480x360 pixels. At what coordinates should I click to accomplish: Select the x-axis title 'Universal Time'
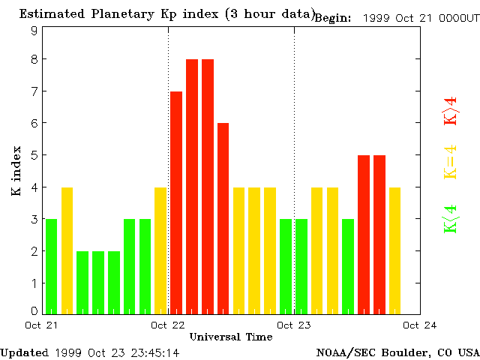[x=230, y=337]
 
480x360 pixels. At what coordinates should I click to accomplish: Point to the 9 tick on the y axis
[x=34, y=31]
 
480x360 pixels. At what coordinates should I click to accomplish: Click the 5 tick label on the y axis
[x=34, y=155]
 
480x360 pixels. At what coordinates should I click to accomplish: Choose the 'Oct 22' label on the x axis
[x=168, y=325]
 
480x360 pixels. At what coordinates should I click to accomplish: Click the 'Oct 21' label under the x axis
[x=41, y=325]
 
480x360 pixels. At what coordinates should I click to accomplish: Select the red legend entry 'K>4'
[x=450, y=111]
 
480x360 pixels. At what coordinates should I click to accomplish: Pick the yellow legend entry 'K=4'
[x=450, y=162]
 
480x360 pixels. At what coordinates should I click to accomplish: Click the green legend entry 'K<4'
[x=450, y=219]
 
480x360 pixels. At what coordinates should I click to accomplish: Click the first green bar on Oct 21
[x=51, y=266]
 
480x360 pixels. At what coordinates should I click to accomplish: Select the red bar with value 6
[x=223, y=218]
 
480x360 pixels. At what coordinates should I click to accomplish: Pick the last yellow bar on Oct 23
[x=394, y=250]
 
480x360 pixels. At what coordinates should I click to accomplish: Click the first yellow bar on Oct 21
[x=67, y=250]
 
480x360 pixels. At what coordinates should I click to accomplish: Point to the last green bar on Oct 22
[x=285, y=266]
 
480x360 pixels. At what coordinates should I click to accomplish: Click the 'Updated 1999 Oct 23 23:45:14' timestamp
[x=90, y=352]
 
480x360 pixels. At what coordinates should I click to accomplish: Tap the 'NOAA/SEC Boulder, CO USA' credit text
[x=397, y=352]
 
